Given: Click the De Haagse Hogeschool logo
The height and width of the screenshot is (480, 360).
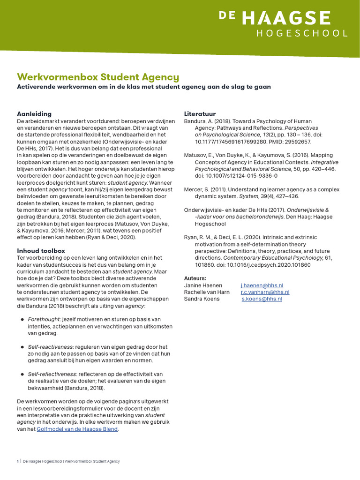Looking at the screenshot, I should (284, 24).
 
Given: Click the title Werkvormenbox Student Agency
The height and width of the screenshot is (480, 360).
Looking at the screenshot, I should (98, 77).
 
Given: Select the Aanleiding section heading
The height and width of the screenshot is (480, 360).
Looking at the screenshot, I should (34, 114).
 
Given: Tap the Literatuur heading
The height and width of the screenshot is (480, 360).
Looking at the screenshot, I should (200, 114).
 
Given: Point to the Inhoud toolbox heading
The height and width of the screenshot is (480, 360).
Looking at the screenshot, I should (41, 251).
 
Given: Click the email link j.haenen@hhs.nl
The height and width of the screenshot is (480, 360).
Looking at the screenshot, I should (262, 285).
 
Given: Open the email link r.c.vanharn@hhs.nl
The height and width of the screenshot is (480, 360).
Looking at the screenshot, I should (265, 292).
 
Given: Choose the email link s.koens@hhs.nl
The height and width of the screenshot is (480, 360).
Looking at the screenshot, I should (262, 299).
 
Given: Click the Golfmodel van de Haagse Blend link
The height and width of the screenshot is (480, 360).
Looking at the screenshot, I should (77, 429).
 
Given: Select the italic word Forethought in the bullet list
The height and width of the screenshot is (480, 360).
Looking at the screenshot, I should (45, 319).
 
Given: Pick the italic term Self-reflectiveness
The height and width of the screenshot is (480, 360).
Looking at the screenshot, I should (52, 374).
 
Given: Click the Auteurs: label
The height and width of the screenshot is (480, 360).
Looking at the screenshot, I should (195, 278).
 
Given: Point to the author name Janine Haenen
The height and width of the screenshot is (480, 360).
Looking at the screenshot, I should (202, 285).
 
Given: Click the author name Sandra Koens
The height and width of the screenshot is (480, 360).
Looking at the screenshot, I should (202, 299).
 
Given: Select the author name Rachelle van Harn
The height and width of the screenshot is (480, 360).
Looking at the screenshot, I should (207, 292).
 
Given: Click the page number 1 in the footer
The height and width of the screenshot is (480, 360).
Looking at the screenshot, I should (18, 461).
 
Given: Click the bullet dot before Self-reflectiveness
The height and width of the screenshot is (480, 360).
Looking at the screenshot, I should (22, 374).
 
